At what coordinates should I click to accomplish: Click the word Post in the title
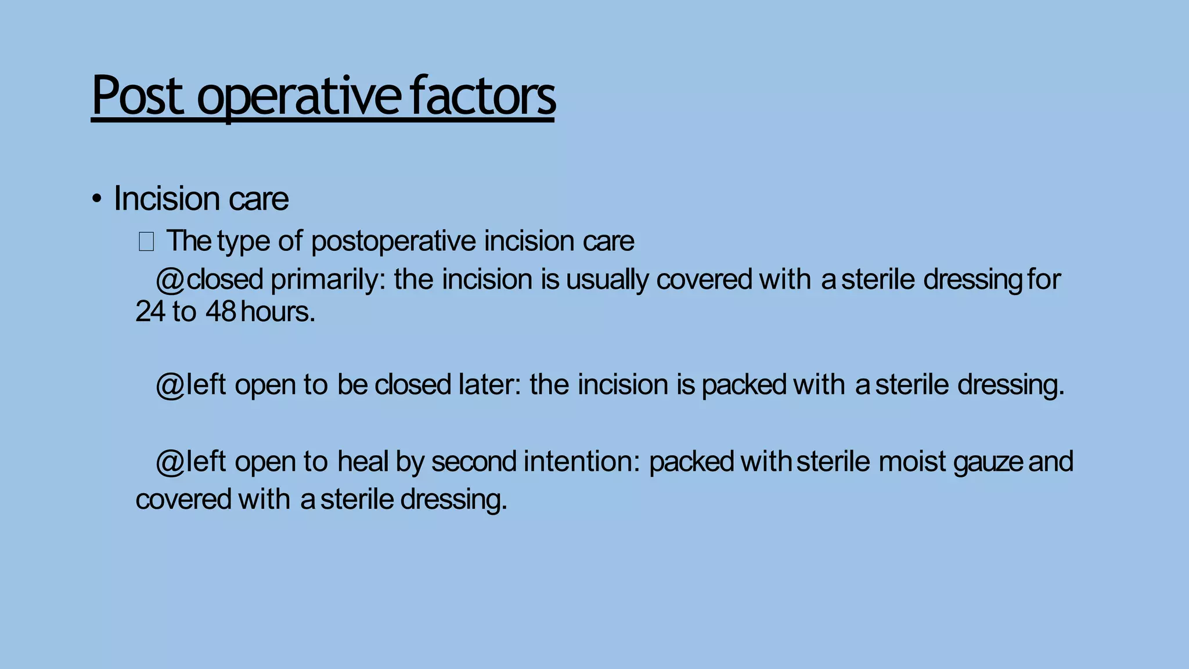point(138,96)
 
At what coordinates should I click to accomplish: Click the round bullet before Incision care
point(97,200)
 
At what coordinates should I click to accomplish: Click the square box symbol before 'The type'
point(146,242)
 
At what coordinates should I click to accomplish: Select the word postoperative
point(394,241)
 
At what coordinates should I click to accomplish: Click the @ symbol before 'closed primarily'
point(170,280)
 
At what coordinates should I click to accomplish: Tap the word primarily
point(328,280)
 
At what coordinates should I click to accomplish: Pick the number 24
point(150,312)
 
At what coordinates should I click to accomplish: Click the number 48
point(221,312)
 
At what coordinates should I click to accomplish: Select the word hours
point(277,312)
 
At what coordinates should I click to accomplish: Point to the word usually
point(607,280)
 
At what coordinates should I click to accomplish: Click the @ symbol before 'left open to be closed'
point(170,386)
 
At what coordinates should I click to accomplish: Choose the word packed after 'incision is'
point(744,386)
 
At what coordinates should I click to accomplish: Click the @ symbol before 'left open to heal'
point(170,462)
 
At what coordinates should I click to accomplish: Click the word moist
point(912,462)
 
